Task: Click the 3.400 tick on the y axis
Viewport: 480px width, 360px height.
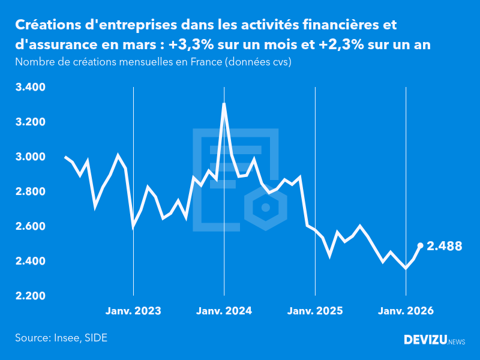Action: click(x=31, y=88)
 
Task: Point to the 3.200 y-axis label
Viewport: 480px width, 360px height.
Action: click(x=31, y=122)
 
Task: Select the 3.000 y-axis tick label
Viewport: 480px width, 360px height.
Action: click(x=31, y=157)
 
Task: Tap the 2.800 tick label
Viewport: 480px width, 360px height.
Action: click(x=31, y=192)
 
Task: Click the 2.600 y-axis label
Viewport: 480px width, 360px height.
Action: click(x=31, y=227)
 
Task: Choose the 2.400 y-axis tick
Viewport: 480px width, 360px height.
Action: click(x=31, y=262)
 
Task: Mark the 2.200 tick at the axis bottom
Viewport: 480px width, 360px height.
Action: click(x=31, y=296)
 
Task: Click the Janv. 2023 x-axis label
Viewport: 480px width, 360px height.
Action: click(x=133, y=311)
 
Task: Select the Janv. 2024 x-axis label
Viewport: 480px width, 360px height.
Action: click(x=224, y=311)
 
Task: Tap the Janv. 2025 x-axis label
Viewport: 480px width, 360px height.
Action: click(x=315, y=311)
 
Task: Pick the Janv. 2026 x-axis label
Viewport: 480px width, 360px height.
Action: click(x=406, y=311)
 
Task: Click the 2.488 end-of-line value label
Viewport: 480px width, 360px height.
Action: click(x=445, y=246)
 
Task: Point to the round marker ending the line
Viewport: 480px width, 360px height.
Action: click(x=420, y=245)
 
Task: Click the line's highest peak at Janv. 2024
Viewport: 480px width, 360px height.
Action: click(x=224, y=104)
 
